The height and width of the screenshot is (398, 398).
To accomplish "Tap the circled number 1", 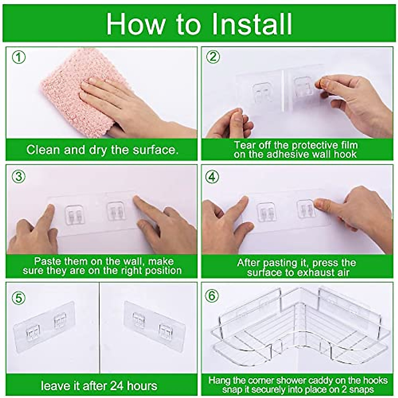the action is pyautogui.click(x=19, y=57).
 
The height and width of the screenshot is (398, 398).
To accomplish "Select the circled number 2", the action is pyautogui.click(x=213, y=57).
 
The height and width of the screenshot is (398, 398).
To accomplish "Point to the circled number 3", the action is pyautogui.click(x=19, y=177).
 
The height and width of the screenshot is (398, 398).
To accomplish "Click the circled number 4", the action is pyautogui.click(x=212, y=177).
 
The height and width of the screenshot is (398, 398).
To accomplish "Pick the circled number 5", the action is pyautogui.click(x=19, y=298).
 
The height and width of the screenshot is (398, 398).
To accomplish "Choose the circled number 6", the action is pyautogui.click(x=212, y=296).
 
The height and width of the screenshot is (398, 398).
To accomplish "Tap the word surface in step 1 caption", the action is pyautogui.click(x=155, y=150).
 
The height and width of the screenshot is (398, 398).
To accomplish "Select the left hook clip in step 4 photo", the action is pyautogui.click(x=267, y=213).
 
